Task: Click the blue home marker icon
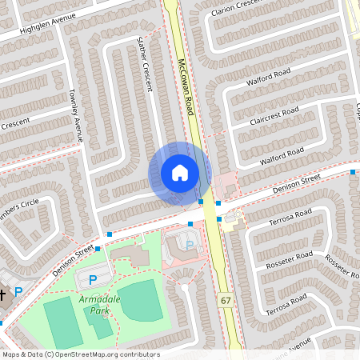tap(179, 173)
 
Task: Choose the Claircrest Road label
tap(274, 114)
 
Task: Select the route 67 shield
tap(226, 298)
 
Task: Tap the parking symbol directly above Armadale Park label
tap(92, 279)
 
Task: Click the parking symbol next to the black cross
tap(18, 294)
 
